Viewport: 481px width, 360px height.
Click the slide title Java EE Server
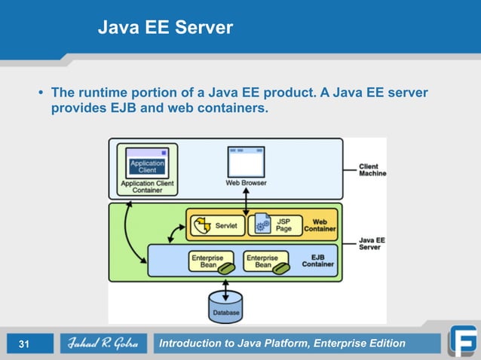tap(165, 29)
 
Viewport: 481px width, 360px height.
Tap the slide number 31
tap(24, 345)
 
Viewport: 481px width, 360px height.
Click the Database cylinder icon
tap(225, 305)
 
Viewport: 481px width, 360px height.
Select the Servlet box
tap(216, 225)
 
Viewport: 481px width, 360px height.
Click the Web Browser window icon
tap(246, 162)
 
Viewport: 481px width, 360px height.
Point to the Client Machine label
tap(372, 169)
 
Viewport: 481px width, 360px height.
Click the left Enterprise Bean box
tap(207, 261)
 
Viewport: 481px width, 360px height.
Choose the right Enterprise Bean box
tap(264, 261)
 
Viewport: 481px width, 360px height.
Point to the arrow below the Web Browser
tap(247, 199)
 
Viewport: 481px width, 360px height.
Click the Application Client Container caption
tap(147, 187)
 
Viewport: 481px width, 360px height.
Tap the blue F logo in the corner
tap(462, 341)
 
